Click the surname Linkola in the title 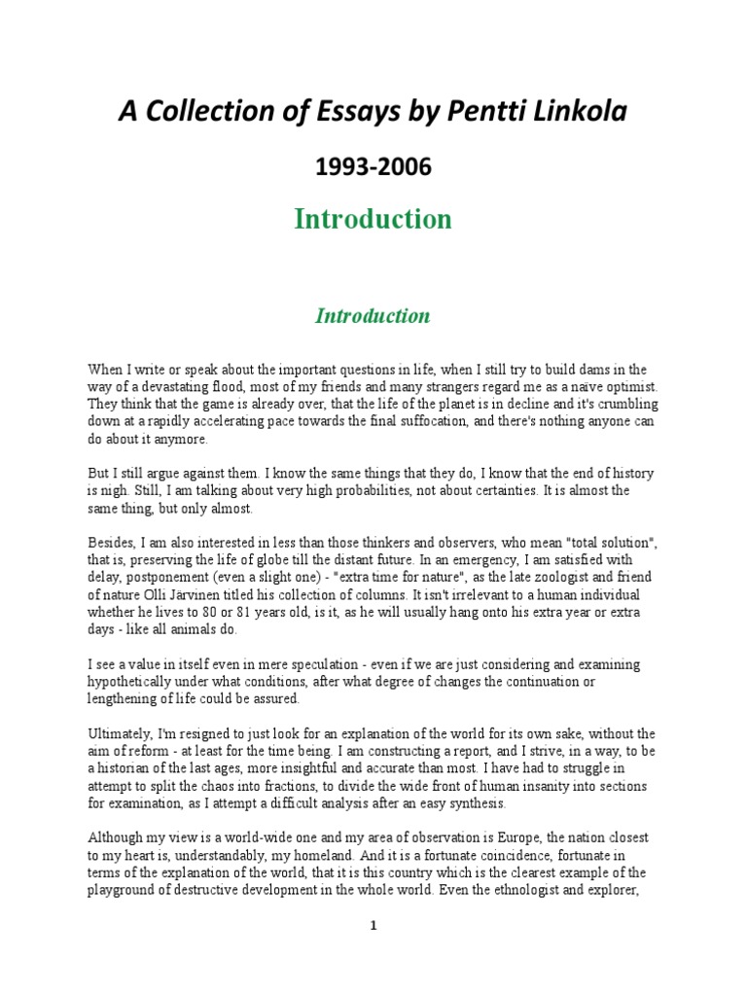pos(582,112)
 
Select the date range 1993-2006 pos(373,167)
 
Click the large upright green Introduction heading pos(373,220)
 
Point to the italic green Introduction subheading pos(373,316)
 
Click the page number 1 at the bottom pos(373,926)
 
